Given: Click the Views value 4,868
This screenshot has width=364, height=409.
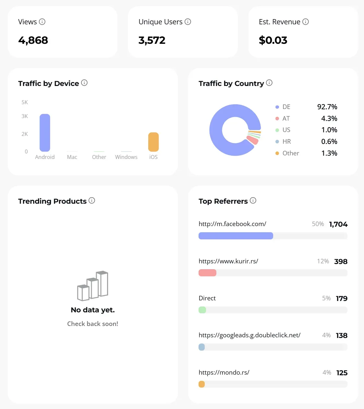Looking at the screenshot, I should point(33,40).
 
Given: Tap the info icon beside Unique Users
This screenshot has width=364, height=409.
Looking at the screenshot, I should point(188,22).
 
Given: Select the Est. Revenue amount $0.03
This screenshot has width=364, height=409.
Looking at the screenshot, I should point(273,40).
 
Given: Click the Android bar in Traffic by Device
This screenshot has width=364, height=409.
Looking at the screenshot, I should point(45,133).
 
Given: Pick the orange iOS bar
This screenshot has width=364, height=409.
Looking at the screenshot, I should point(153,142).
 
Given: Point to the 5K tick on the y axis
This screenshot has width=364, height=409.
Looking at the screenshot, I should point(25,102).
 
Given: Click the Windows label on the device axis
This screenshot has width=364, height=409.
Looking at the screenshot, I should point(126,157).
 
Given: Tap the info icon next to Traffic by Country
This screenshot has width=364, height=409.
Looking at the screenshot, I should point(269,83).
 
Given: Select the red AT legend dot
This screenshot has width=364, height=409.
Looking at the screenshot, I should point(277,118).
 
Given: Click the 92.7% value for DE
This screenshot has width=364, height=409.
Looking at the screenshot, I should point(327,107).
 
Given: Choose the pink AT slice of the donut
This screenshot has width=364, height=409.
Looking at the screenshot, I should point(252,140).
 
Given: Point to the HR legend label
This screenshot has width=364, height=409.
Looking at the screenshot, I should point(286,141).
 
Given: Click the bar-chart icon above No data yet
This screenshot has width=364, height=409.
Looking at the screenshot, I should point(93,286).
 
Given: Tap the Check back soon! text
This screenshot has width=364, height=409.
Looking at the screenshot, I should point(92,324).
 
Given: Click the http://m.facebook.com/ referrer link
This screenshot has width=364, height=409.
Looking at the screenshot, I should point(232,224).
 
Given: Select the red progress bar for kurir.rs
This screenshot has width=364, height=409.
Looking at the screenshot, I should point(207,273).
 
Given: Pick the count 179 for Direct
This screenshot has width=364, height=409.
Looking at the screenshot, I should point(341,298).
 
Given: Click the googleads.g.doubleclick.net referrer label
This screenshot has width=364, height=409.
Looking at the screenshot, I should point(249,335).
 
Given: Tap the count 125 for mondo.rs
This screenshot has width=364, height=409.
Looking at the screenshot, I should point(342,373).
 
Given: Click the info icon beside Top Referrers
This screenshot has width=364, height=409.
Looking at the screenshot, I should point(253,200).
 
